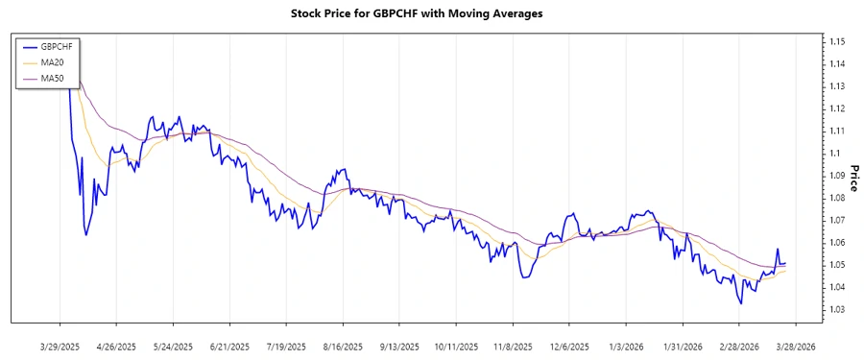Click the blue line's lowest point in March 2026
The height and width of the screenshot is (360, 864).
740,303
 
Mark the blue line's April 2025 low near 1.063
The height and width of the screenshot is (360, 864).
86,235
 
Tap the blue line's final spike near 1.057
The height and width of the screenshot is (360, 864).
777,249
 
